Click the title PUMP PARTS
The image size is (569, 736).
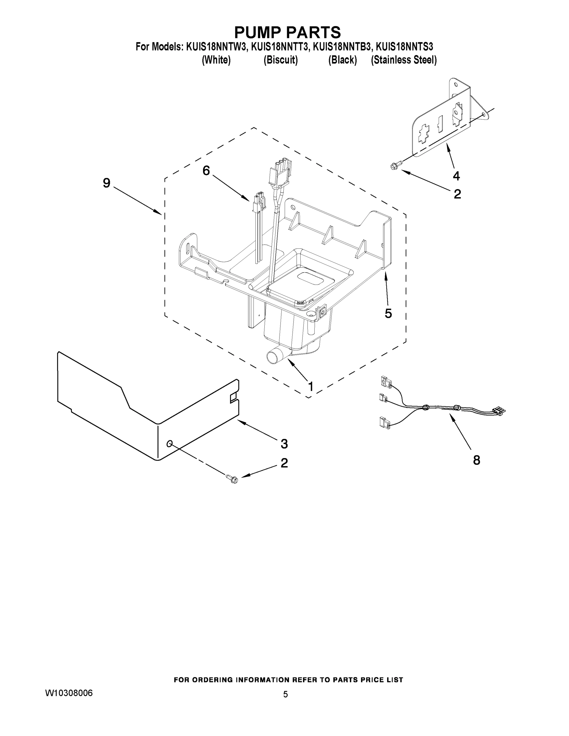(287, 32)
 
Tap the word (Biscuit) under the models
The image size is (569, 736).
(280, 60)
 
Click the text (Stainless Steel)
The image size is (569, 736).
(403, 60)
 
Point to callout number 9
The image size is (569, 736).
(106, 183)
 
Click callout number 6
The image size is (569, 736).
(206, 171)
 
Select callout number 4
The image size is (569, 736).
(456, 176)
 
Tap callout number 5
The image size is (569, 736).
(388, 313)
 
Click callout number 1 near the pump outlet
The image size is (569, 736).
(310, 386)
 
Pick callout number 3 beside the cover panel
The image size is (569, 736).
(284, 444)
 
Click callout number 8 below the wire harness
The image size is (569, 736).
(476, 460)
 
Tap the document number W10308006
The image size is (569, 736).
(69, 693)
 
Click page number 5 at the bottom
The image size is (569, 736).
(285, 695)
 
